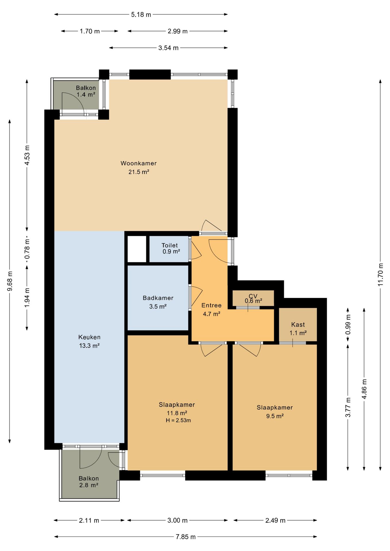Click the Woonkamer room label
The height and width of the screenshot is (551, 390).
[x=138, y=168]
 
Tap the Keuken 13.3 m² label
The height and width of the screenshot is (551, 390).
[x=89, y=341]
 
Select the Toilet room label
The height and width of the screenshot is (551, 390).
[x=170, y=248]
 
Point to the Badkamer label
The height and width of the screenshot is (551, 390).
[x=158, y=302]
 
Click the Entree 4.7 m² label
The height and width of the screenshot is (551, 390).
[x=211, y=310]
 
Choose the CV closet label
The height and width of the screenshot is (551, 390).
[x=253, y=298]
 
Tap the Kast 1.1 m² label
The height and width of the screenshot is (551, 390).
[x=298, y=329]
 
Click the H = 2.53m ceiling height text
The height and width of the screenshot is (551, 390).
[x=178, y=420]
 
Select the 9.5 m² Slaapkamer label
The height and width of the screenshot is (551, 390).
[x=275, y=412]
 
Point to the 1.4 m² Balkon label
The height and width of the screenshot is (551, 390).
[x=86, y=91]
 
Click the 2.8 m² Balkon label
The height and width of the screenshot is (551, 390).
[x=88, y=482]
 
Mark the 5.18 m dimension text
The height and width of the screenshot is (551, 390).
[x=141, y=15]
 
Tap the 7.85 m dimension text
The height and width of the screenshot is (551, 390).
[x=186, y=537]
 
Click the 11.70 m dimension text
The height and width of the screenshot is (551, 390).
[x=381, y=274]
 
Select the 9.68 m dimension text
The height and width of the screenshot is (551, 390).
[x=10, y=281]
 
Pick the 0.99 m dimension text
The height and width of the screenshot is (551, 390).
[x=348, y=325]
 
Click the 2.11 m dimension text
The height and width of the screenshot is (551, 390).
[x=89, y=520]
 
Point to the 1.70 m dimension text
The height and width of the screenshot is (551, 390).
[x=90, y=31]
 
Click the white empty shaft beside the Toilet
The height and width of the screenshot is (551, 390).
[x=137, y=249]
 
